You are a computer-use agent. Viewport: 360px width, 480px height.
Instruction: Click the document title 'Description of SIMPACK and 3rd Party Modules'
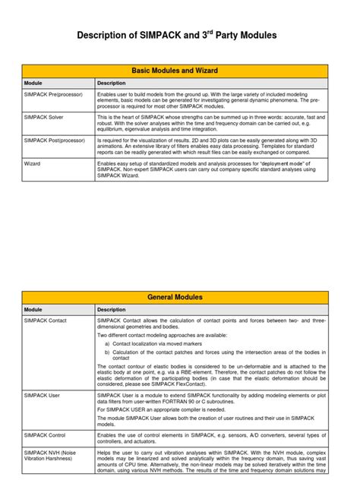point(179,35)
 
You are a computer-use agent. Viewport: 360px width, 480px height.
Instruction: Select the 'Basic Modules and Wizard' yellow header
point(175,71)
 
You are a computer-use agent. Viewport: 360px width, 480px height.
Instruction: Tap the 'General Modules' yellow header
point(175,297)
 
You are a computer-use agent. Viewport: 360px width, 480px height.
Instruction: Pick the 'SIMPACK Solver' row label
point(44,117)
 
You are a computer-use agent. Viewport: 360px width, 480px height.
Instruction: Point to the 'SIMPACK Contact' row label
point(46,321)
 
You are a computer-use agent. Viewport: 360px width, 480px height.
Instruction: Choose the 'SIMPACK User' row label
point(41,396)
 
